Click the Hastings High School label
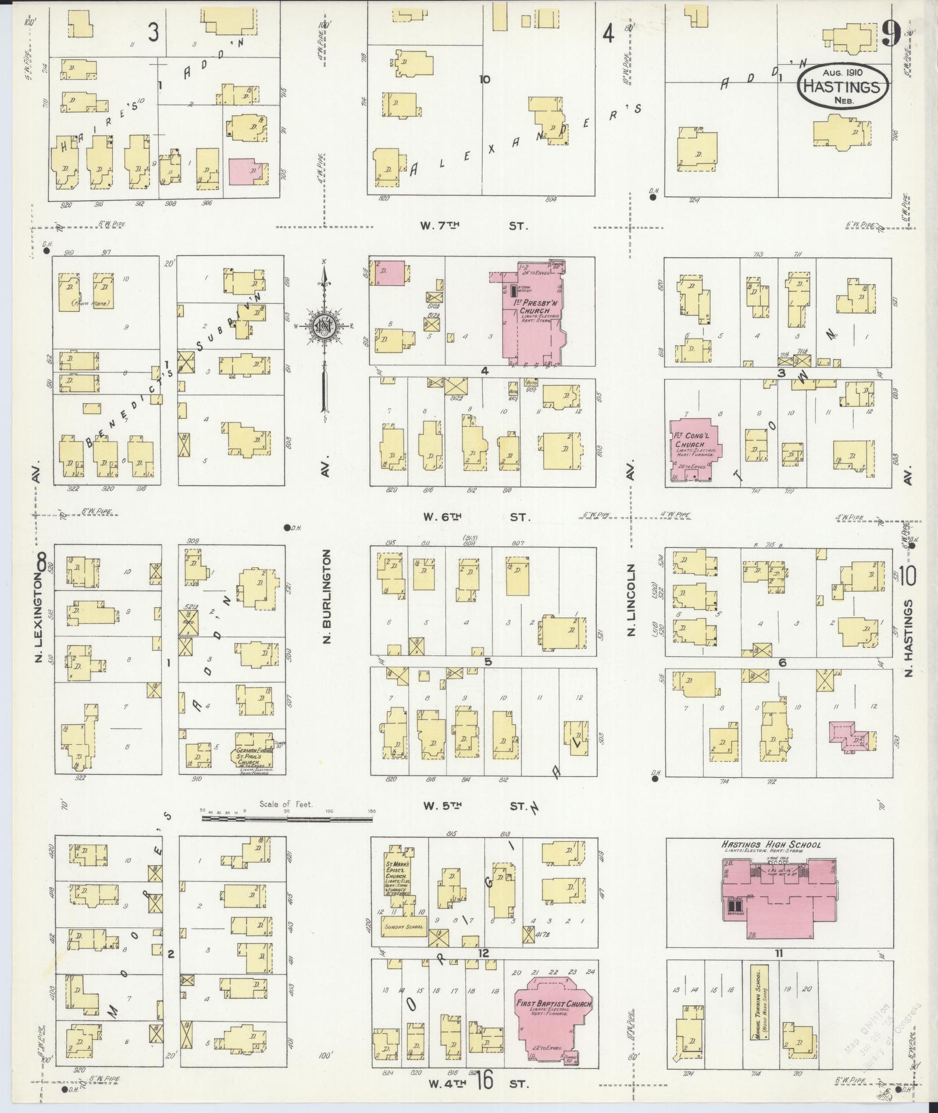tap(771, 844)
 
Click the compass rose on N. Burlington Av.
tap(326, 326)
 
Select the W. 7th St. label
tap(475, 226)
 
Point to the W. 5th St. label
tap(475, 806)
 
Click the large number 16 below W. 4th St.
tap(484, 1080)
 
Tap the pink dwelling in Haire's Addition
tap(248, 172)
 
